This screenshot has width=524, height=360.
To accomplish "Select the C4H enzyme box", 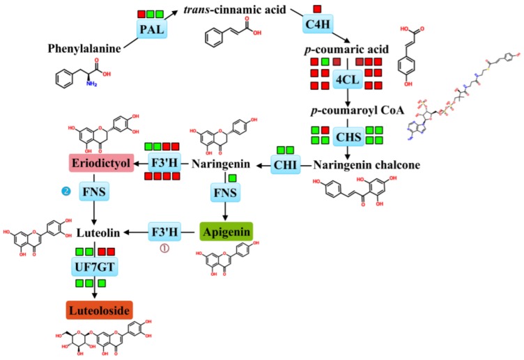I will pos(317,25).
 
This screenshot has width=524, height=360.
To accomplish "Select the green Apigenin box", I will pos(226,230).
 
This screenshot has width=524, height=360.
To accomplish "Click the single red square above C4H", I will pos(317,9).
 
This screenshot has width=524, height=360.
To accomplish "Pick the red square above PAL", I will pos(141,14).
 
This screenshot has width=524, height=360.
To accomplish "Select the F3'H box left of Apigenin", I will pos(167,230).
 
